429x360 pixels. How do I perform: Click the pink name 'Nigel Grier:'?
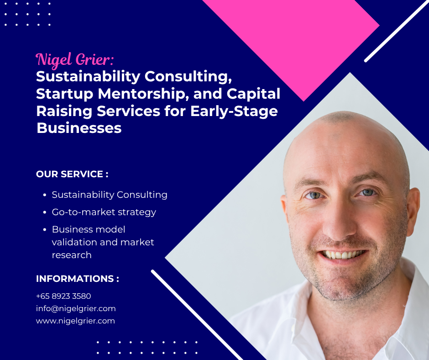75,59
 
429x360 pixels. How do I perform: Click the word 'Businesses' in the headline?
79,128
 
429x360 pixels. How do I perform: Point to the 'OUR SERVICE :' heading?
72,174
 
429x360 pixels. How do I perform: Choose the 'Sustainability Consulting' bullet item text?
110,195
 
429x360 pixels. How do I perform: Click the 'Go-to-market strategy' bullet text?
104,212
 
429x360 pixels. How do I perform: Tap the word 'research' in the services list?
72,255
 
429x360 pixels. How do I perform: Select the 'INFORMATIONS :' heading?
77,279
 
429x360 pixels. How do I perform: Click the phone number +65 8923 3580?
63,296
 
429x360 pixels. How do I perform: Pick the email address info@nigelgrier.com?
76,308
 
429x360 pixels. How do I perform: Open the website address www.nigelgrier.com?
75,321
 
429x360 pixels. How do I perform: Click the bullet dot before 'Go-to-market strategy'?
45,212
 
